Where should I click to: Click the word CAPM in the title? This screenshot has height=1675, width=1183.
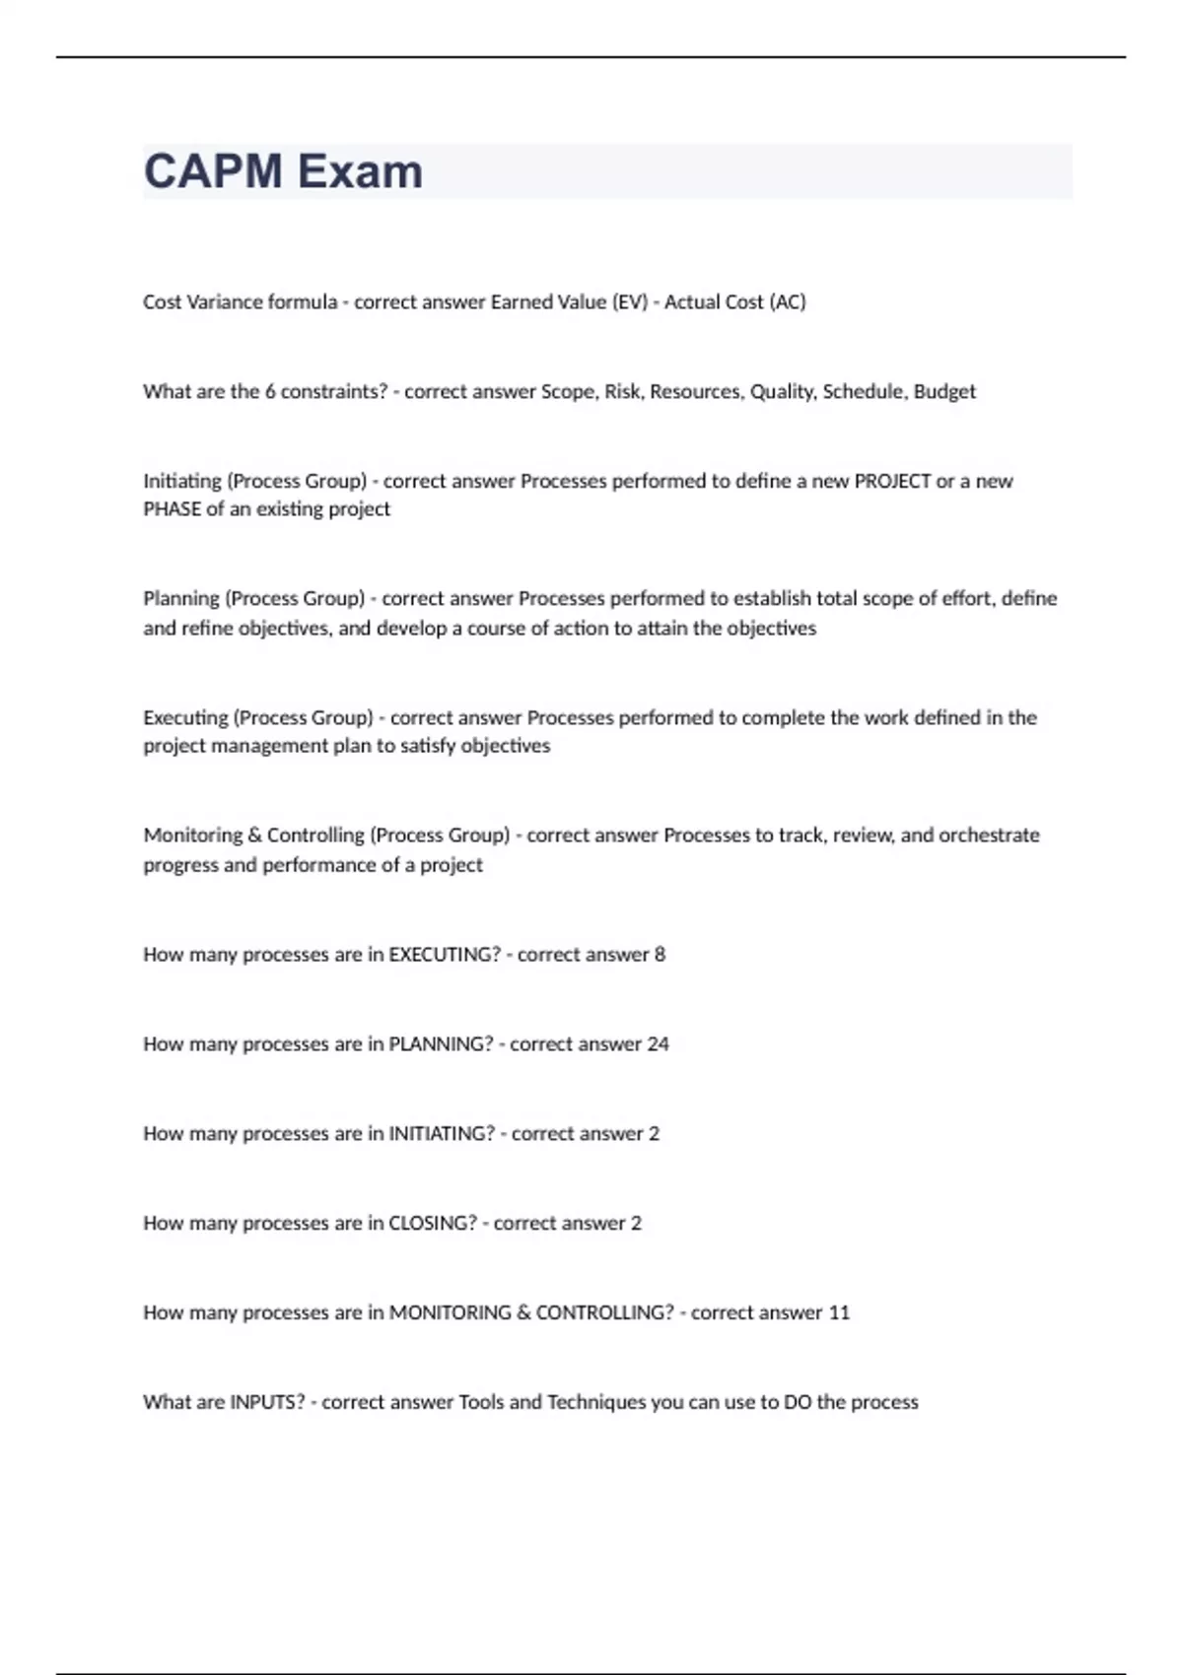point(213,171)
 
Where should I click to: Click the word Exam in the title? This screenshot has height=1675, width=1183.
point(360,171)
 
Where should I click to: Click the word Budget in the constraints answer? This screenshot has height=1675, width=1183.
point(944,392)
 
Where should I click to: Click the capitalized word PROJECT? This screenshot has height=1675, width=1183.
point(892,482)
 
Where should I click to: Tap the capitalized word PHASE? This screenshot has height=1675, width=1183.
point(172,509)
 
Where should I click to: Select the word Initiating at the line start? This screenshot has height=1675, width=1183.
point(182,482)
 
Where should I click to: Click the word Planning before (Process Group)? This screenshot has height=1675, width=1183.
point(181,599)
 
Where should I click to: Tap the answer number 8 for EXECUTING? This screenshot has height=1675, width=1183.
point(660,955)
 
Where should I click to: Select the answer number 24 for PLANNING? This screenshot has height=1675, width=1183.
point(658,1044)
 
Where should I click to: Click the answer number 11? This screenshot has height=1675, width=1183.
point(839,1313)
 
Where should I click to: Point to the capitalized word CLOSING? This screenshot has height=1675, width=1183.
point(432,1224)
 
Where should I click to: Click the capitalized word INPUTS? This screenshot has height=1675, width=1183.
point(267,1403)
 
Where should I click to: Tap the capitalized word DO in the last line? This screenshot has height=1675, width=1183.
point(798,1403)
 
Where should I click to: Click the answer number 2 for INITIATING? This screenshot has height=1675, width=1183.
point(654,1134)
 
